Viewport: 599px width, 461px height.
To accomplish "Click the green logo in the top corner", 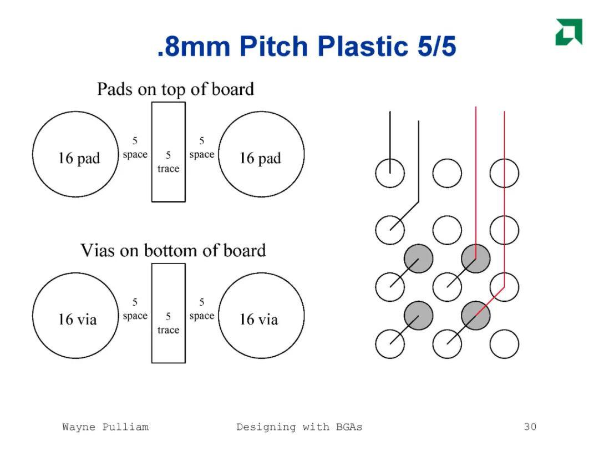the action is tap(569, 32).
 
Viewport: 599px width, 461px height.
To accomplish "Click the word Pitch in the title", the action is tap(274, 46).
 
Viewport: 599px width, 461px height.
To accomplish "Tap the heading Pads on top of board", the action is tap(175, 89).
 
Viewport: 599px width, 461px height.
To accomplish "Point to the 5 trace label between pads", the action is tap(169, 161).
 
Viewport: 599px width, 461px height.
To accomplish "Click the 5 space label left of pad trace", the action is tap(135, 148).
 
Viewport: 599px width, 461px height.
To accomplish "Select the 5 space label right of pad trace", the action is tap(202, 148).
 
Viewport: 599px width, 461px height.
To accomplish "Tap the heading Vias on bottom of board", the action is tap(173, 251).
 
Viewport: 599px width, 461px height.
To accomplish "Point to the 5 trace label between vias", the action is tap(169, 323).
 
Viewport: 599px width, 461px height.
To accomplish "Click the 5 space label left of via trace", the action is tap(135, 309).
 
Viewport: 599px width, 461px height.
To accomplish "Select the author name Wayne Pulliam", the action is tap(105, 427).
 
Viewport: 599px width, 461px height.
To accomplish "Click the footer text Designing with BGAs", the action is tap(299, 427).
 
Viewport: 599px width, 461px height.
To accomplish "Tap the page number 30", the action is tap(530, 427).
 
